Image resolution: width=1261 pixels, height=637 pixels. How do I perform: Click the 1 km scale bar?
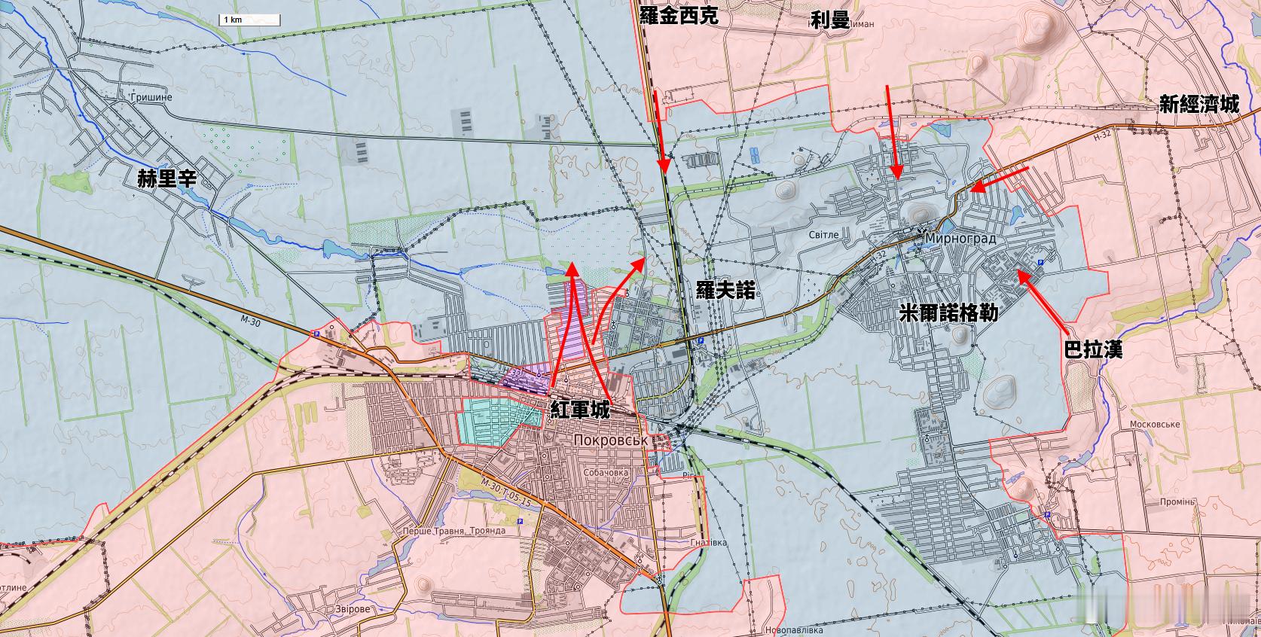click(249, 20)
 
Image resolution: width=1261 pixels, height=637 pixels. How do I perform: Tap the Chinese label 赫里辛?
click(166, 179)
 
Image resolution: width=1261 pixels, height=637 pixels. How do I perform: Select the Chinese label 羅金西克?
click(679, 17)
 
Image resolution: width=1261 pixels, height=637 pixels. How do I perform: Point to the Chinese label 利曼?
click(830, 20)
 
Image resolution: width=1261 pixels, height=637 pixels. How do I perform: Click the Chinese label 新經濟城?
click(1198, 105)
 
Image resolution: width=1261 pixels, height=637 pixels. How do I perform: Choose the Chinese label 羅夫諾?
click(725, 290)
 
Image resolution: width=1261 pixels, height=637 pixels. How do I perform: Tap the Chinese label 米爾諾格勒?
click(949, 312)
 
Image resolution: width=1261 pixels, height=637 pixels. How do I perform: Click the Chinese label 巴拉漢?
click(1093, 349)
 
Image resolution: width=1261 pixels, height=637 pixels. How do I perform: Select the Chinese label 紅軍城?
click(580, 410)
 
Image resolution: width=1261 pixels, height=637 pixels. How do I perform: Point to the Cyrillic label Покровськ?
click(610, 440)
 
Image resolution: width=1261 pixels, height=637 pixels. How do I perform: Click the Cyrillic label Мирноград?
click(960, 239)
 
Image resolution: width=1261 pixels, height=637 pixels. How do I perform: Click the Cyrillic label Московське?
click(1154, 425)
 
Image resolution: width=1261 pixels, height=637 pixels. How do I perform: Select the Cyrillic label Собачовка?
click(606, 473)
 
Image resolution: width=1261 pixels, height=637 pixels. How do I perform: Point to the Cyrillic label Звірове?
click(338, 609)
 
